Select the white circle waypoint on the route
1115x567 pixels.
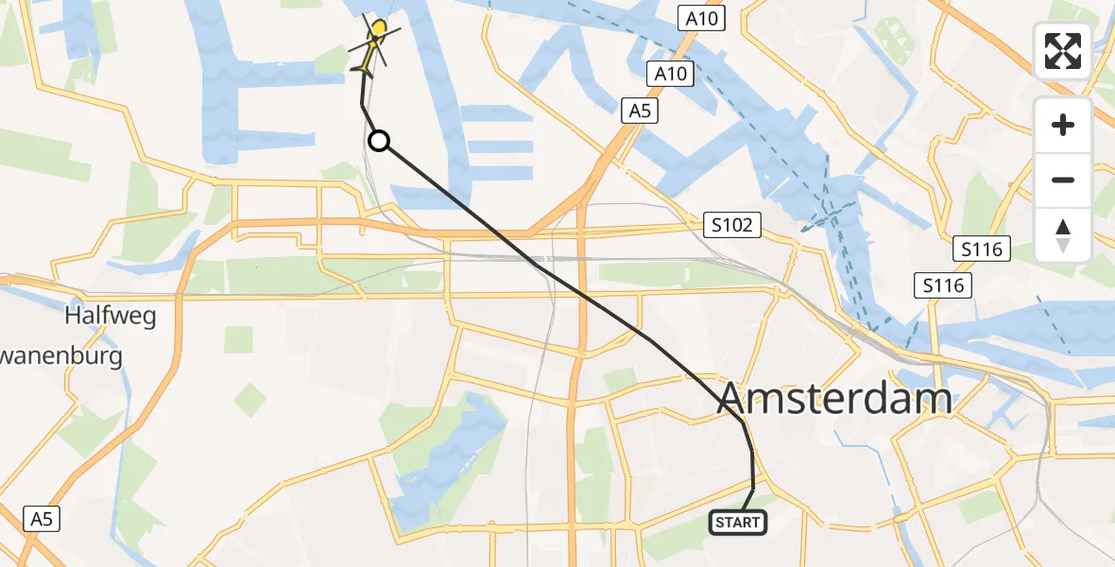click(378, 142)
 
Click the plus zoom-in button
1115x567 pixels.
click(1063, 125)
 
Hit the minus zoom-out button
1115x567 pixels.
click(1063, 180)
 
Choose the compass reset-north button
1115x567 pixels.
click(1063, 235)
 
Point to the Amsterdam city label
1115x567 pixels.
click(835, 399)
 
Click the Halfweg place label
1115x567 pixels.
click(110, 316)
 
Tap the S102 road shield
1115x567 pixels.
click(733, 225)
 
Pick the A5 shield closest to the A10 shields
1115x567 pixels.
click(641, 112)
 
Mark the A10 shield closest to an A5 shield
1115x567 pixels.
click(671, 74)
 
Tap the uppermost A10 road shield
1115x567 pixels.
click(700, 16)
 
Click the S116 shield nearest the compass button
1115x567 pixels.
click(983, 250)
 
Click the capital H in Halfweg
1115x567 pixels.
click(73, 316)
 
